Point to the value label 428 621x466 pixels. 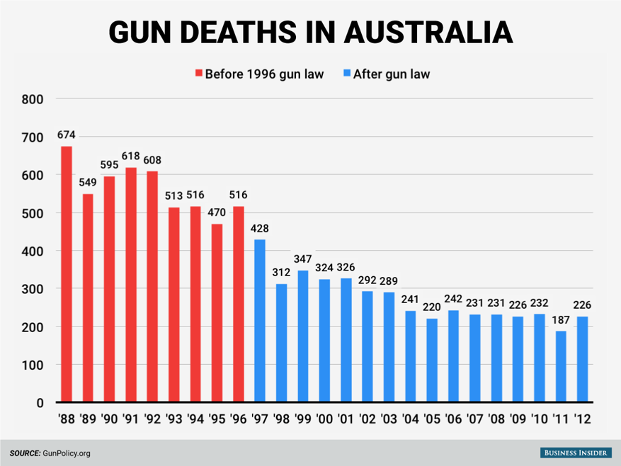tap(260, 229)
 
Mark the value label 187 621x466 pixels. tap(561, 320)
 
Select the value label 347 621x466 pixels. tap(303, 259)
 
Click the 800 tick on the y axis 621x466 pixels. tap(35, 99)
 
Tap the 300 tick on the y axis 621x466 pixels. tap(35, 289)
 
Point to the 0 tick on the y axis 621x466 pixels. tap(40, 403)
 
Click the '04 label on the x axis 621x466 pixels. tap(411, 419)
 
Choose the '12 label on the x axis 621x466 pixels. tap(583, 419)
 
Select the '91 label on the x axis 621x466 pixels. tap(131, 419)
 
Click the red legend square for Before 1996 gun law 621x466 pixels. tap(199, 74)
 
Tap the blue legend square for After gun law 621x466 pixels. tap(346, 74)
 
